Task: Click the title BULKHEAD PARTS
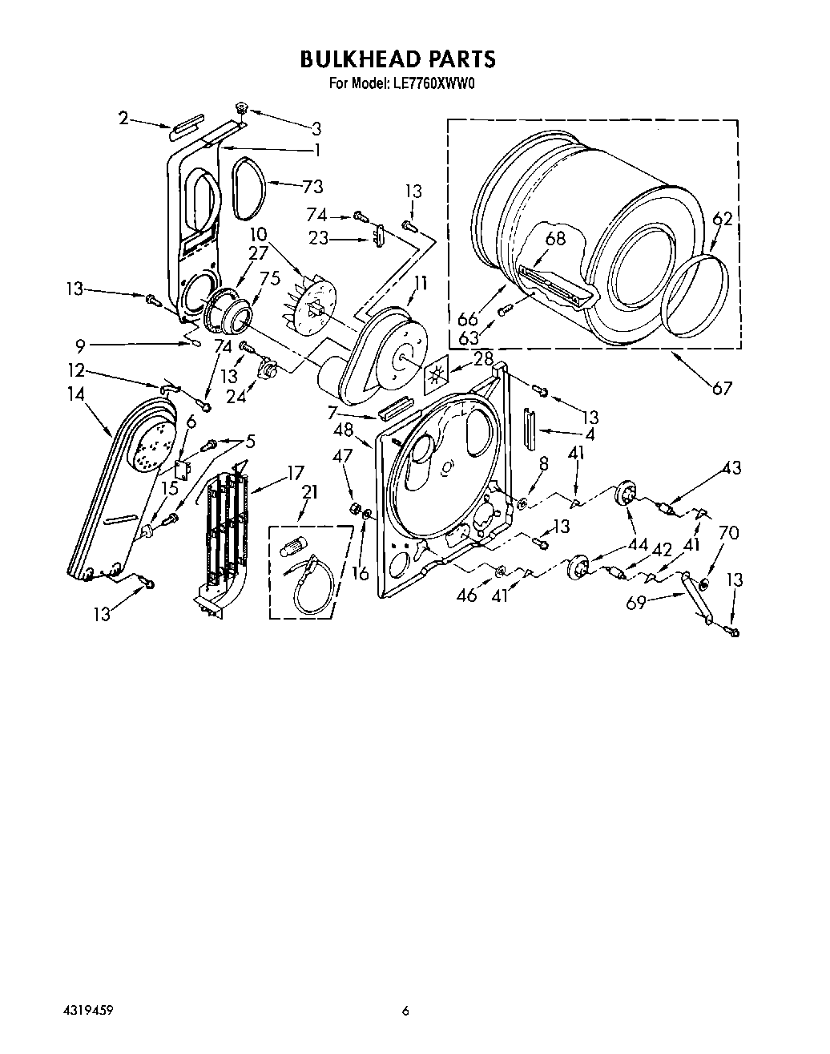pos(398,59)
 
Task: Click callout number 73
pos(312,187)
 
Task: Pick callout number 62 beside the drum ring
pos(723,218)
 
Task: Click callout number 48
pos(344,430)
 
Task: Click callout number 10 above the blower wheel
pos(256,234)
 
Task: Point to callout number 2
pos(123,119)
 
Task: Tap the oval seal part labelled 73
pos(246,188)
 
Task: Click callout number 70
pos(727,532)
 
